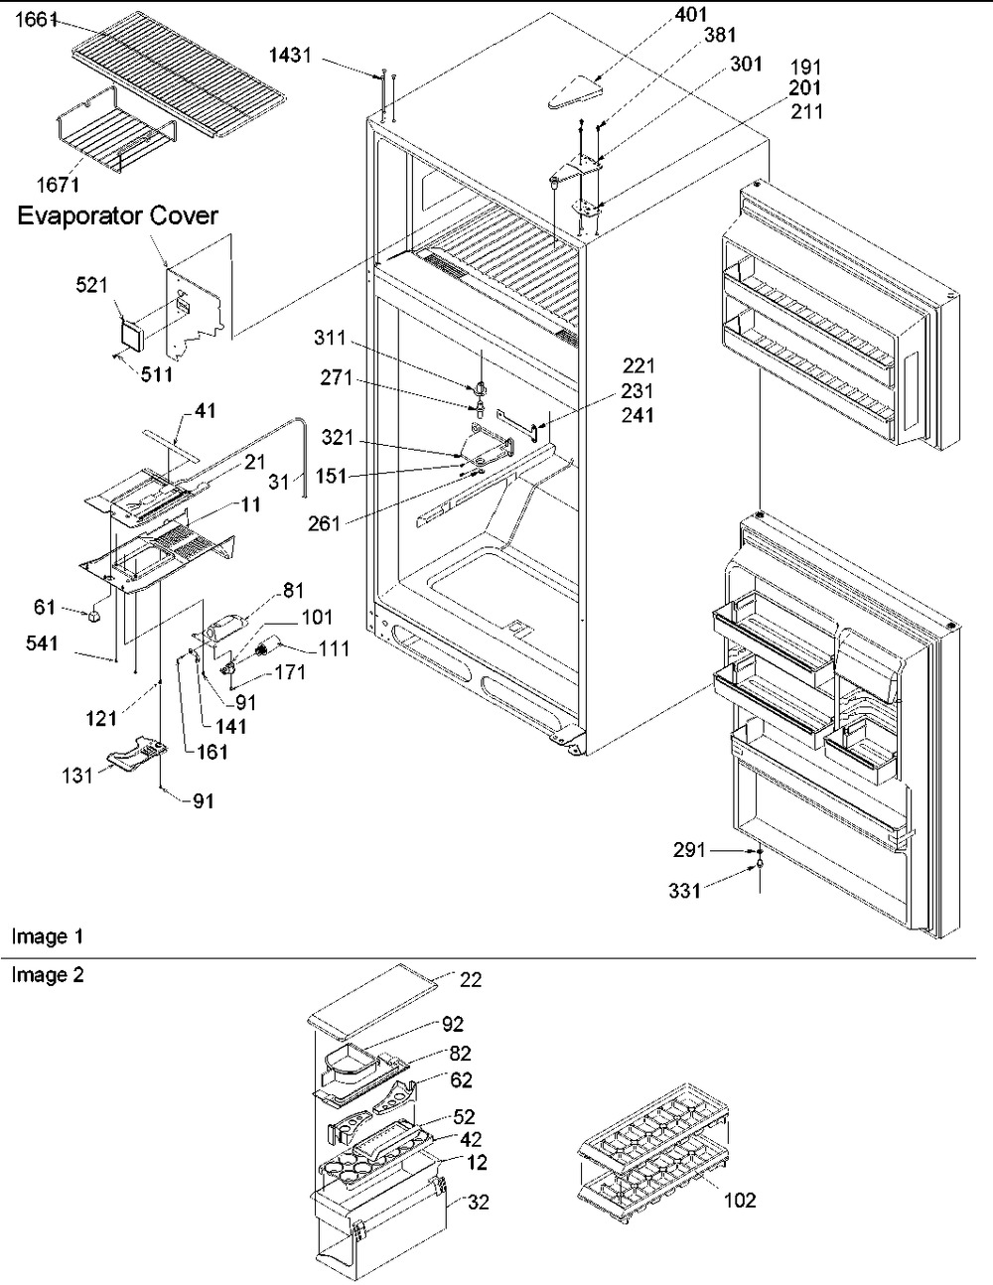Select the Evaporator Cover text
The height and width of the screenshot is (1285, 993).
(x=117, y=215)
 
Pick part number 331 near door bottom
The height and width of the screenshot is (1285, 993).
(x=685, y=892)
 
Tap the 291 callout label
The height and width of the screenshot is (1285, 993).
(x=689, y=850)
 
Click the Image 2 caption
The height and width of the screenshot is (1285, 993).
(x=48, y=974)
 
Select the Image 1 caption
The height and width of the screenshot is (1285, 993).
(x=48, y=935)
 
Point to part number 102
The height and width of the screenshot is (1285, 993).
(x=740, y=1201)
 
